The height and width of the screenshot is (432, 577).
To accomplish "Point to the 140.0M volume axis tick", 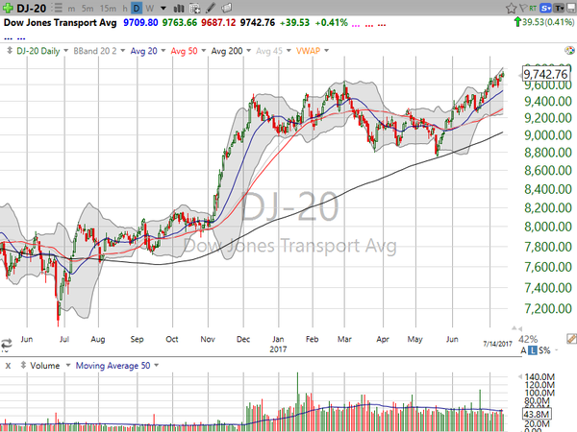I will pos(539,376).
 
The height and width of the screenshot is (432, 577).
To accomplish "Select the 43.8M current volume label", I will pos(537,413).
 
